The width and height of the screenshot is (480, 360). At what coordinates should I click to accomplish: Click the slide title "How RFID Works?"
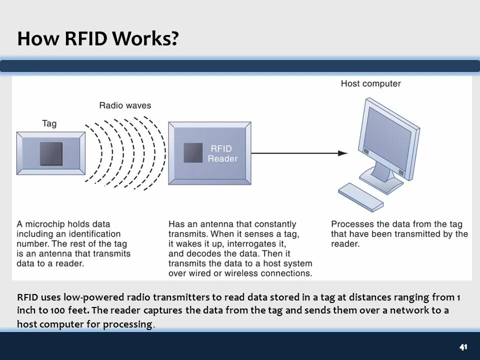click(x=97, y=38)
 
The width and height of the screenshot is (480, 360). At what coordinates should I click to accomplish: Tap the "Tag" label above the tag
click(x=49, y=123)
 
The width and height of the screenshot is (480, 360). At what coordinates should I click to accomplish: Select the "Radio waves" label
click(x=125, y=105)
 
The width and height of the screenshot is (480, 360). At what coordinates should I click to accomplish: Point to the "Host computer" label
click(x=370, y=83)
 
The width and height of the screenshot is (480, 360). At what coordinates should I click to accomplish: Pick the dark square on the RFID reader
click(x=193, y=153)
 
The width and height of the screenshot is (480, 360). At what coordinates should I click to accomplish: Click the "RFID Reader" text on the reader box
click(x=222, y=153)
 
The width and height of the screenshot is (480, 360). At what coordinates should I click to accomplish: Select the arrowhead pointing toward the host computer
click(x=343, y=153)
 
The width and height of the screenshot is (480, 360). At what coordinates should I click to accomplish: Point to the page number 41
click(x=463, y=347)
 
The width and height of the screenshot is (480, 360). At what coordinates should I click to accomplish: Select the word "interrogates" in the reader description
click(x=261, y=244)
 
